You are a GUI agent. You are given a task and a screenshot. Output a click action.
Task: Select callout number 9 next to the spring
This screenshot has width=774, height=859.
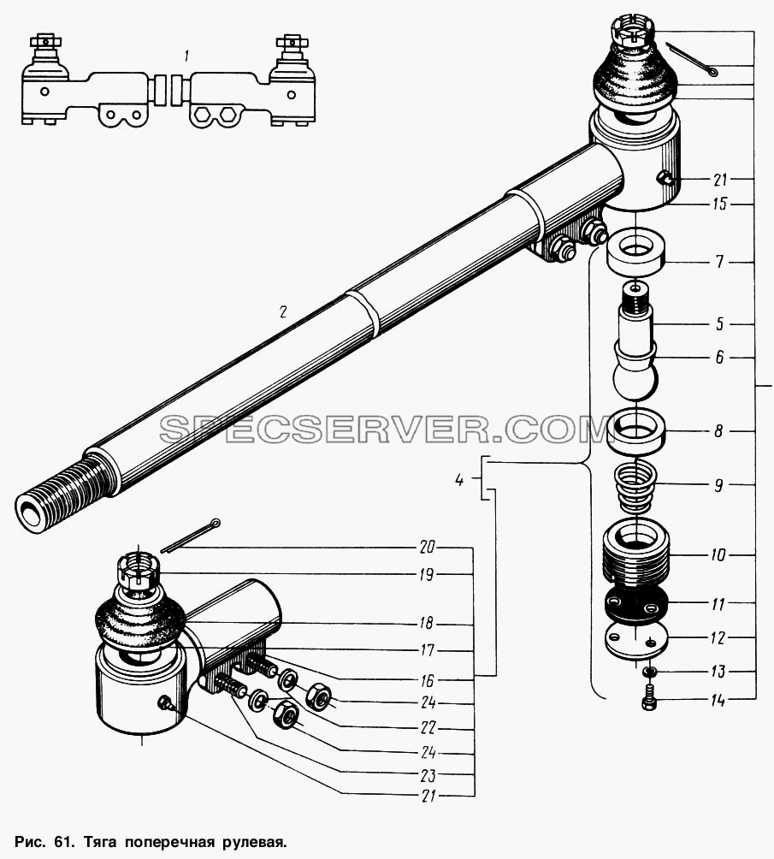pos(719,485)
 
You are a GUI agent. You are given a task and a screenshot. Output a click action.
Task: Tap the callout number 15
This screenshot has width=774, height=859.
pos(720,204)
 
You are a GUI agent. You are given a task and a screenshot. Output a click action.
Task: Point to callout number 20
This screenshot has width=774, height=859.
pos(428,547)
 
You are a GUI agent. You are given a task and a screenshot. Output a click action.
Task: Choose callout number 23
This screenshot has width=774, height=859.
pos(428,775)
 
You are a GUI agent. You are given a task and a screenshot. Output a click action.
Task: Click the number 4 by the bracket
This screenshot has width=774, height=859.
pos(459,480)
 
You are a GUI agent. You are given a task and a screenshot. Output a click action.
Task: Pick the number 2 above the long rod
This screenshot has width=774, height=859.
pos(282,311)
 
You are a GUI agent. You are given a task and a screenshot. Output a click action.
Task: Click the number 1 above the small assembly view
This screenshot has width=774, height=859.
pos(187,56)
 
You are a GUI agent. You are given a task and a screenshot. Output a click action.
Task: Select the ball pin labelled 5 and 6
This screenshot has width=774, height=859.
pos(635,345)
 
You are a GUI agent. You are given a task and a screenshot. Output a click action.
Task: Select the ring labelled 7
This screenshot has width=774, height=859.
pos(635,252)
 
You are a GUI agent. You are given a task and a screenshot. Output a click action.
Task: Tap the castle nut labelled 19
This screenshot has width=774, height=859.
pos(138,572)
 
